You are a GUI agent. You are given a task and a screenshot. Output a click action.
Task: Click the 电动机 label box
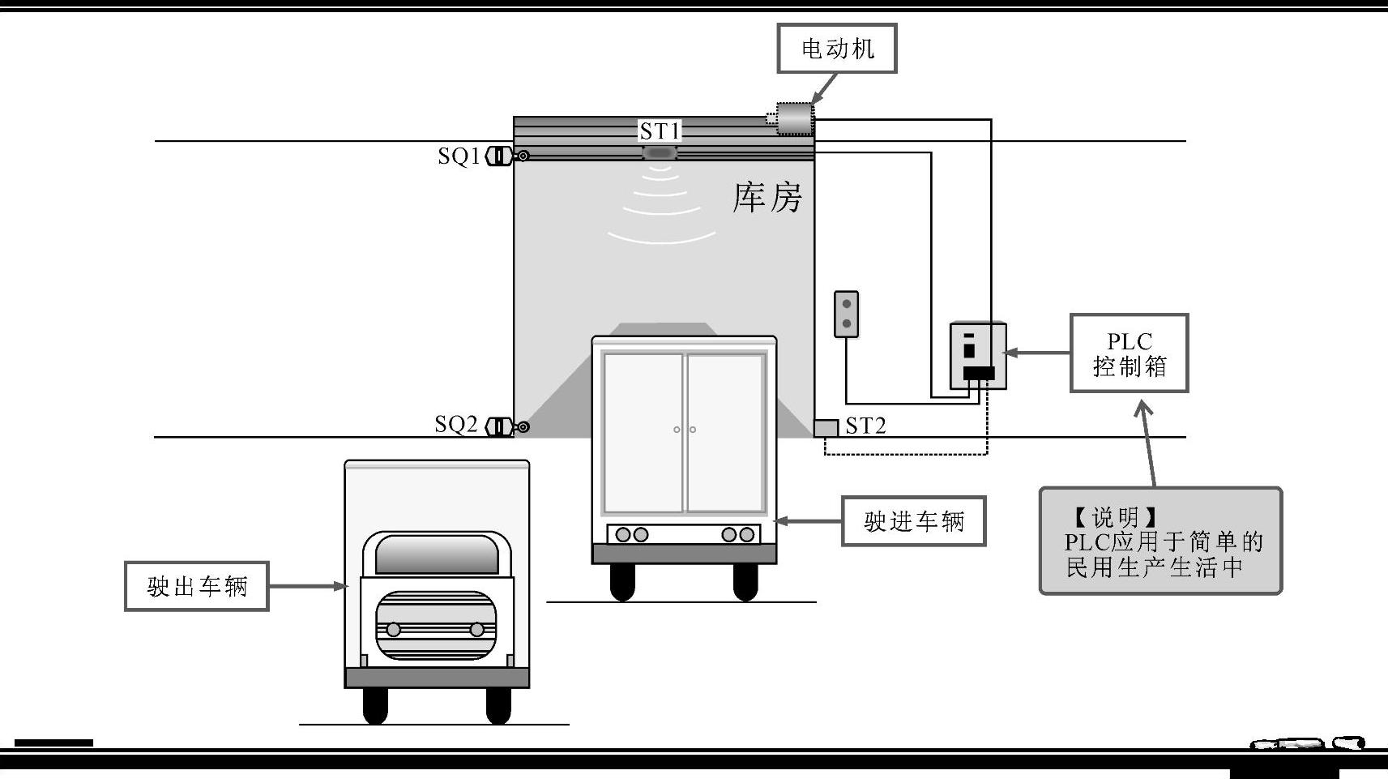(x=837, y=49)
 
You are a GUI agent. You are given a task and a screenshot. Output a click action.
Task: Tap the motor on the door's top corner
(x=793, y=119)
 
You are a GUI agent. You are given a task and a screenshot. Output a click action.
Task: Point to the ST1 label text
(x=660, y=131)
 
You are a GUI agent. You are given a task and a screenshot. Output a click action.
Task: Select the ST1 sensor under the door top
(x=659, y=152)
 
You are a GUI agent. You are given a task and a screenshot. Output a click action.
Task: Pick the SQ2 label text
(x=456, y=424)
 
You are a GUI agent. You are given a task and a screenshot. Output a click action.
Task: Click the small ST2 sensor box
(x=826, y=427)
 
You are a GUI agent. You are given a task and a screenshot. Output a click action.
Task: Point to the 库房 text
(x=767, y=198)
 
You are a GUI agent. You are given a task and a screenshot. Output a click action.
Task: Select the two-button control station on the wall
(x=846, y=314)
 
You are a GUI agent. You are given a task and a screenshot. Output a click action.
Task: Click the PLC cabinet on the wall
(x=978, y=355)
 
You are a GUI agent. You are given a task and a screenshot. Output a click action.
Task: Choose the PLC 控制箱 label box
(x=1129, y=353)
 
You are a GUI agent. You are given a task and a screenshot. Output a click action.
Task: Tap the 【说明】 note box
(x=1160, y=541)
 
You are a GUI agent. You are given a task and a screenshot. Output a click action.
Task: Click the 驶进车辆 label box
(x=913, y=521)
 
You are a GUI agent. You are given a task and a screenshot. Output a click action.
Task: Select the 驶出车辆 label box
(x=196, y=586)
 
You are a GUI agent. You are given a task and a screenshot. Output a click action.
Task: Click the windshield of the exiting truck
(x=437, y=554)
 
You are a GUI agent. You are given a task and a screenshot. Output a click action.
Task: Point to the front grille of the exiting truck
(x=436, y=626)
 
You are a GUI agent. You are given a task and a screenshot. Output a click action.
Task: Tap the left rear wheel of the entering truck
(x=621, y=581)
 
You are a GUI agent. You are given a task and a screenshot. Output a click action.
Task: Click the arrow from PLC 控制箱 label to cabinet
(x=1037, y=353)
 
